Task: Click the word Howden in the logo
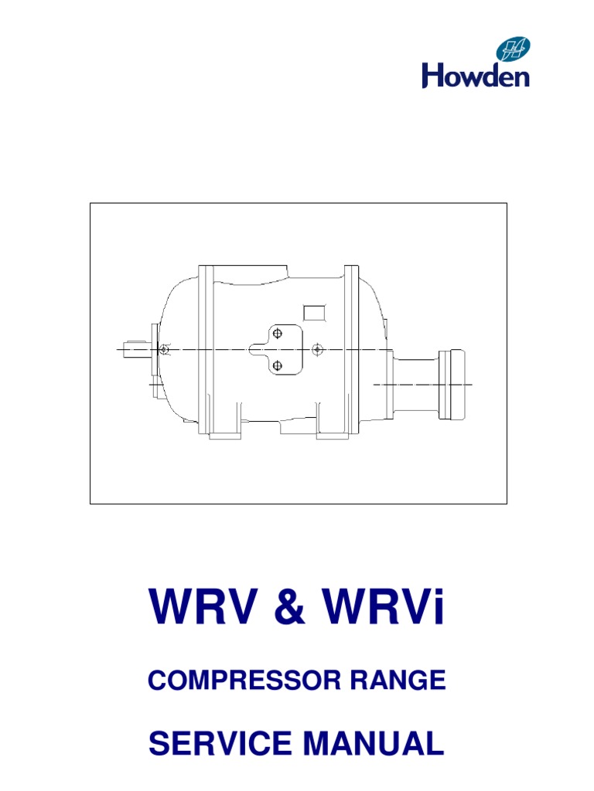click(476, 76)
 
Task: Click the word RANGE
click(398, 680)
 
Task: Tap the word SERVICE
click(220, 743)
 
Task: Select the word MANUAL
click(374, 743)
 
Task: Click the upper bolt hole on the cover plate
click(278, 334)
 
